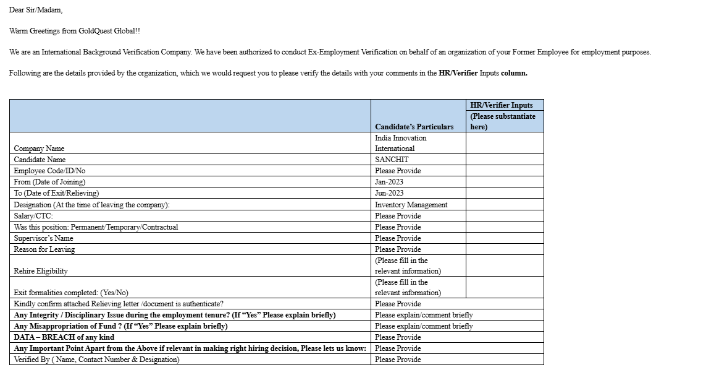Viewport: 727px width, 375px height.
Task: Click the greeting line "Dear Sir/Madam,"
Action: pyautogui.click(x=36, y=10)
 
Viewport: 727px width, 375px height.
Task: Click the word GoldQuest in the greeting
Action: pyautogui.click(x=96, y=31)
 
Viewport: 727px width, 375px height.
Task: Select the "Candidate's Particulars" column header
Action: pyautogui.click(x=414, y=127)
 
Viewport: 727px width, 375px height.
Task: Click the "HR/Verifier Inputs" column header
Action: pyautogui.click(x=501, y=105)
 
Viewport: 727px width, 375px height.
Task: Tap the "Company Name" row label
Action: pyautogui.click(x=39, y=149)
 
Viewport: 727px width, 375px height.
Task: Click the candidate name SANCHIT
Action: pyautogui.click(x=392, y=160)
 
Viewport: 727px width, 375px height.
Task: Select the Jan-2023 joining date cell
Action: pyautogui.click(x=389, y=182)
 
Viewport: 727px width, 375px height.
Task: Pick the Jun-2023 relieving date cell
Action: pyautogui.click(x=389, y=193)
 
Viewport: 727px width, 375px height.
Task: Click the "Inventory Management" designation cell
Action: pyautogui.click(x=411, y=205)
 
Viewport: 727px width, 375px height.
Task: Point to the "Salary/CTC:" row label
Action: pyautogui.click(x=33, y=216)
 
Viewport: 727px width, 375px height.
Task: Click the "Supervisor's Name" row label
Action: pyautogui.click(x=43, y=238)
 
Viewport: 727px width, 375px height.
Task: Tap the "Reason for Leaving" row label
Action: pyautogui.click(x=44, y=249)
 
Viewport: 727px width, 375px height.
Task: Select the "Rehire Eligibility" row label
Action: pyautogui.click(x=41, y=271)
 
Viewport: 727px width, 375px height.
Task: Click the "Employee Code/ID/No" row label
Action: pyautogui.click(x=49, y=171)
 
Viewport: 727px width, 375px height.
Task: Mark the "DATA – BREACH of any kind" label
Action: pyautogui.click(x=64, y=337)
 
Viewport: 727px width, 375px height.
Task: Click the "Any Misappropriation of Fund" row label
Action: pyautogui.click(x=120, y=326)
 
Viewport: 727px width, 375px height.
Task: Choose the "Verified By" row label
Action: pyautogui.click(x=96, y=360)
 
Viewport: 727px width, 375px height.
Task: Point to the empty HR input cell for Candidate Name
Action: pyautogui.click(x=504, y=160)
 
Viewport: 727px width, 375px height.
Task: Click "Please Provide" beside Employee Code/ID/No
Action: pyautogui.click(x=398, y=171)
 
